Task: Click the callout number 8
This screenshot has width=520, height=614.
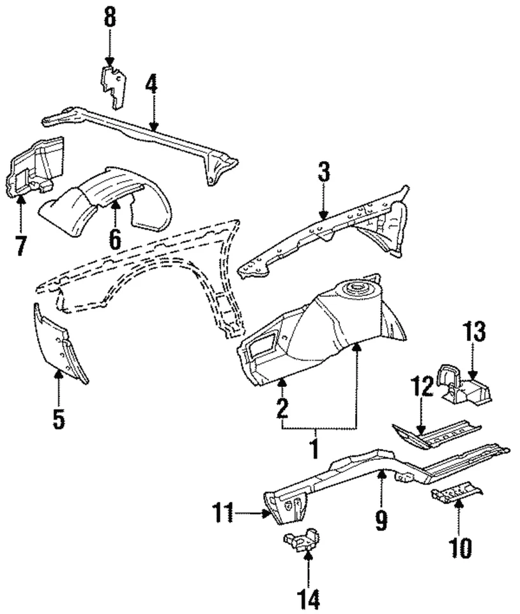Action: [110, 17]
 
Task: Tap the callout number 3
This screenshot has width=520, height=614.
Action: [323, 173]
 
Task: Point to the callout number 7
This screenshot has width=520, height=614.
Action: [20, 245]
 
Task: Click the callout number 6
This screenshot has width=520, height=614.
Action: [115, 239]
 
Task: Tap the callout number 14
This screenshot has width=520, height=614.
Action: [309, 599]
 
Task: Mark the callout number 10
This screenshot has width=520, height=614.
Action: [460, 547]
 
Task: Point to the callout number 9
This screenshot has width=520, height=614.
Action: [381, 520]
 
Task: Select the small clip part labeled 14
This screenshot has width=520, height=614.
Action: [302, 540]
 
